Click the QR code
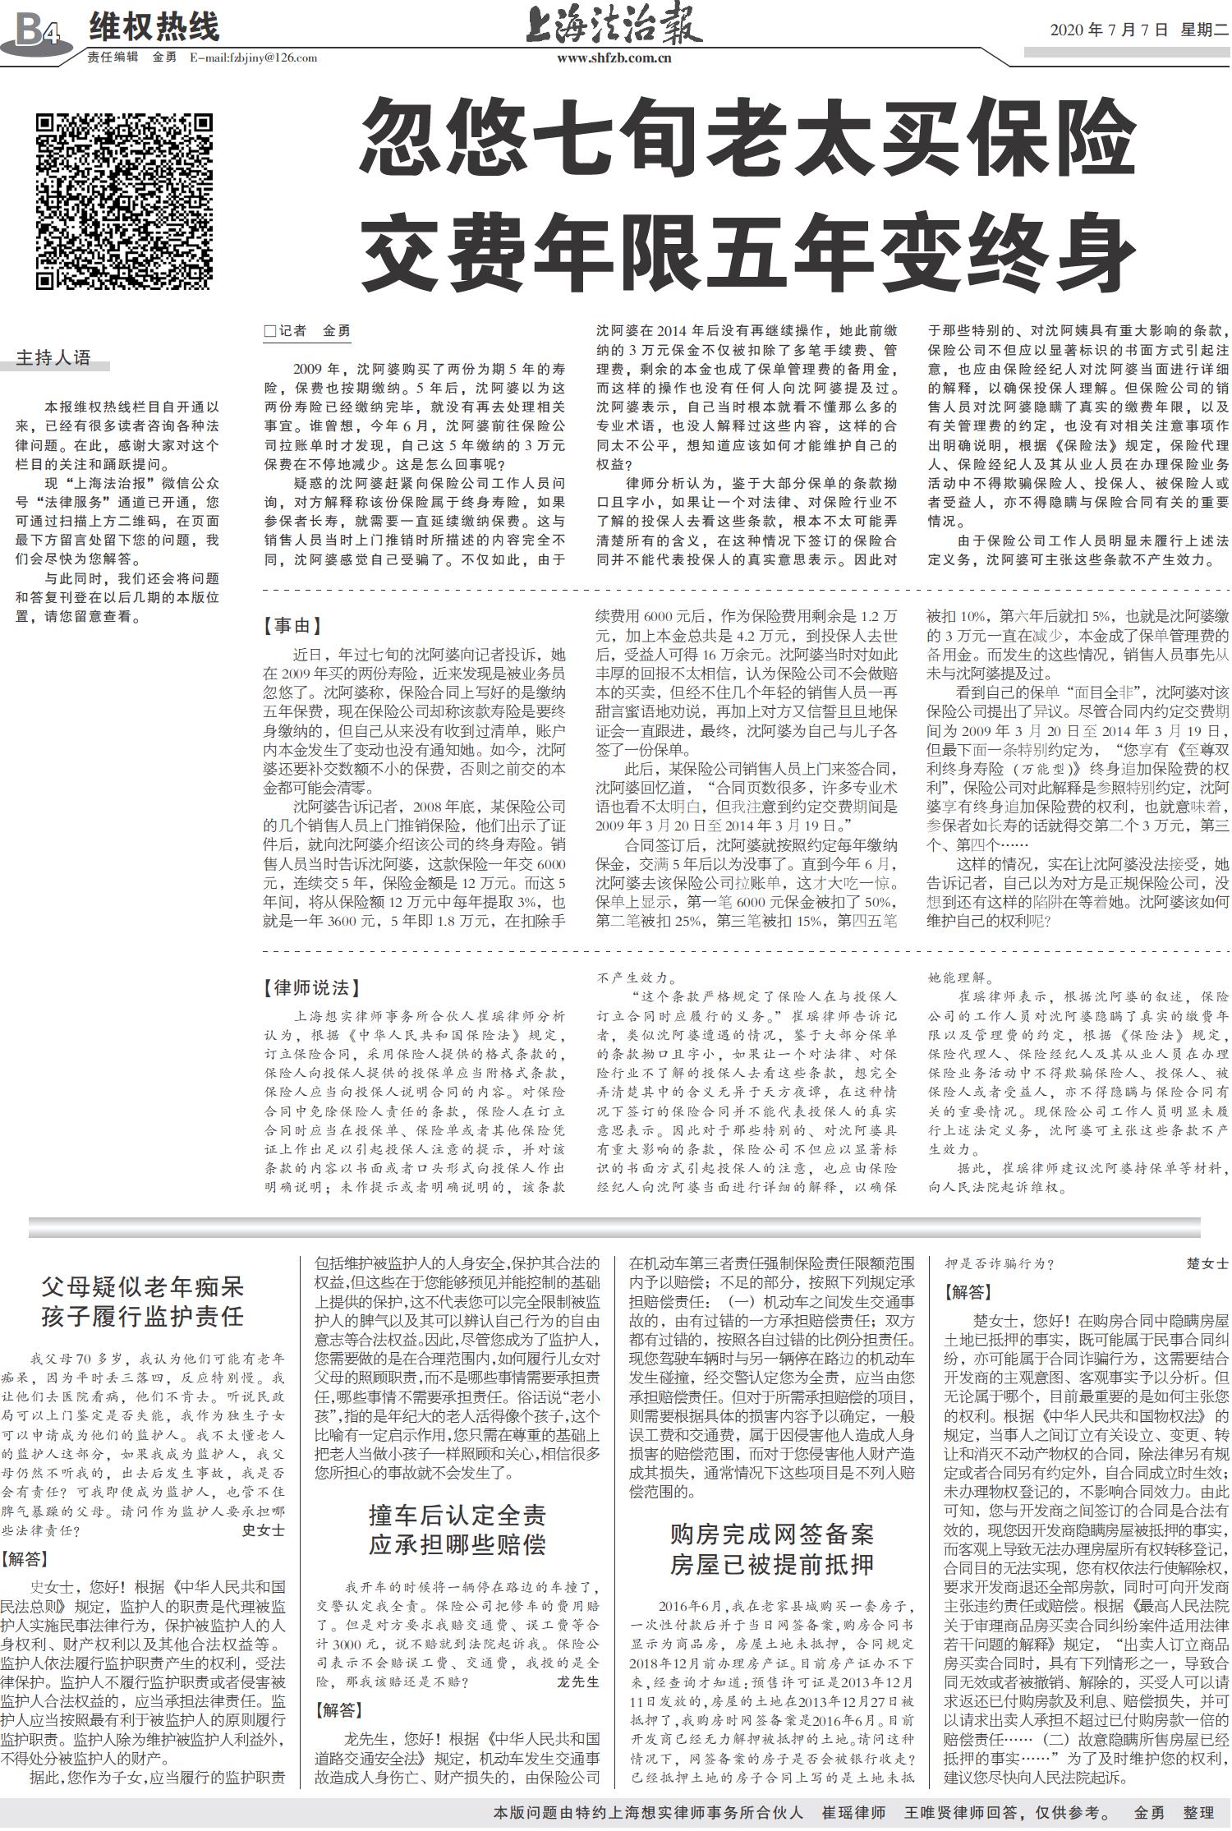(125, 200)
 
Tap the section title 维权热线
(154, 27)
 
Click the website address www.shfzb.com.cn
(614, 58)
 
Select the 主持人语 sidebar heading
(54, 357)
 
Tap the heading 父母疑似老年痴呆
(144, 1286)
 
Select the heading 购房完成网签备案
(771, 1534)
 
